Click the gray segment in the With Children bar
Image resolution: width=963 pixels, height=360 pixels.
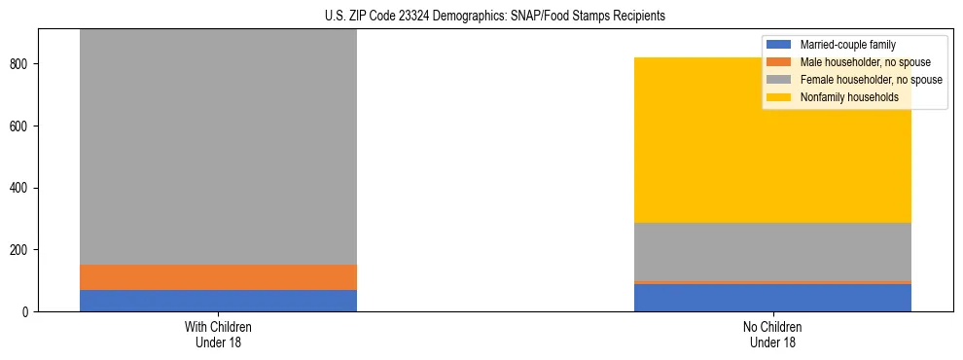(x=218, y=146)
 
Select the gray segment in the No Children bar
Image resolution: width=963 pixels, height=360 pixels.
(x=772, y=252)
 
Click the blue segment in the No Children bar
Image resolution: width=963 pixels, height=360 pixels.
(x=772, y=298)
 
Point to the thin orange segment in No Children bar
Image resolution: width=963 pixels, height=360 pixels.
(x=772, y=282)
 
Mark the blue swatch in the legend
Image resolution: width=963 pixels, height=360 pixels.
(x=779, y=45)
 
